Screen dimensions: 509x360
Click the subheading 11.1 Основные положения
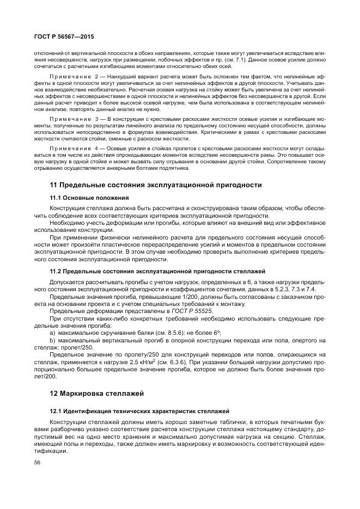click(x=89, y=197)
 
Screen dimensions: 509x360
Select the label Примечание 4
click(x=71, y=148)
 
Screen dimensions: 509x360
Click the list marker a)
click(x=52, y=332)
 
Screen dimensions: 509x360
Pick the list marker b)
click(x=52, y=340)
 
